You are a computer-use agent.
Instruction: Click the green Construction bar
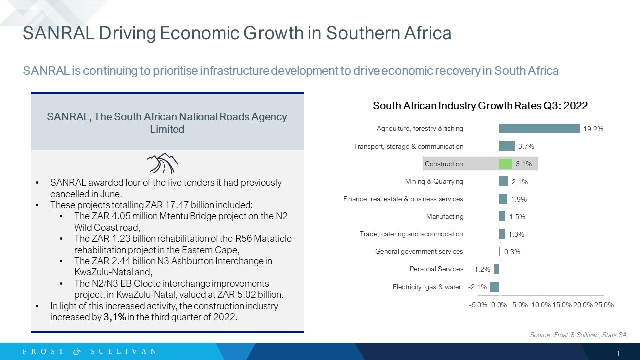pyautogui.click(x=505, y=164)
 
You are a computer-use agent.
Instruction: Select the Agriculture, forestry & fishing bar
pyautogui.click(x=539, y=129)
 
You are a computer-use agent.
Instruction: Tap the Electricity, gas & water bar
pyautogui.click(x=495, y=287)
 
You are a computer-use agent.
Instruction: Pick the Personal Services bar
pyautogui.click(x=497, y=269)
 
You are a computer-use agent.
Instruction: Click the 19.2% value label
pyautogui.click(x=593, y=129)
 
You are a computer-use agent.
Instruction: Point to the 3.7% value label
pyautogui.click(x=526, y=146)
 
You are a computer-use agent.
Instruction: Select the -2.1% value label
pyautogui.click(x=477, y=287)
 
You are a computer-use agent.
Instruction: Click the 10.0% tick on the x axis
pyautogui.click(x=541, y=305)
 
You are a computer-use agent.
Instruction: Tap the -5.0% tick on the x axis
pyautogui.click(x=478, y=305)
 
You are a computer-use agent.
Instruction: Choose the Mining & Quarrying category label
pyautogui.click(x=434, y=181)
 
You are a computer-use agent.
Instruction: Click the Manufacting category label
pyautogui.click(x=445, y=216)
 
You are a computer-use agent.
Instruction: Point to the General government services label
pyautogui.click(x=419, y=251)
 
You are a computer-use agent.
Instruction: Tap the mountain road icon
pyautogui.click(x=162, y=163)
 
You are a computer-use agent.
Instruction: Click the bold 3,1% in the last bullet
pyautogui.click(x=115, y=317)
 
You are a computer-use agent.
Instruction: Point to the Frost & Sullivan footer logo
pyautogui.click(x=89, y=351)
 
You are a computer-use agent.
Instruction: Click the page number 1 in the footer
pyautogui.click(x=618, y=353)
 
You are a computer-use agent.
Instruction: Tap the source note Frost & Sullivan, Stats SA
pyautogui.click(x=578, y=335)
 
